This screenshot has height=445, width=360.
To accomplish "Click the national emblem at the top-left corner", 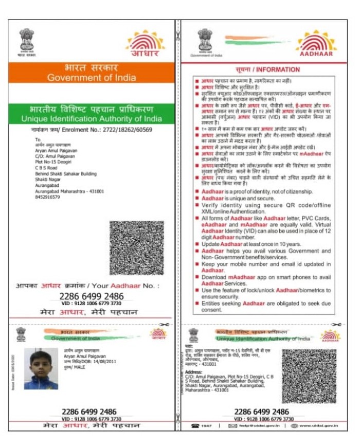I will click(27, 39).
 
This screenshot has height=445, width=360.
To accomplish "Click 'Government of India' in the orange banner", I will click(92, 78).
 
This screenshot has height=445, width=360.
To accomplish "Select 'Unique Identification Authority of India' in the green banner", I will click(92, 119).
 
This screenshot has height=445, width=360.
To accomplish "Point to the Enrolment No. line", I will click(91, 130).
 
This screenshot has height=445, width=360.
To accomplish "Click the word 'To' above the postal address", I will click(37, 139).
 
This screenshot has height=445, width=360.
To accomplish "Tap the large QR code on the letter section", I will click(136, 247).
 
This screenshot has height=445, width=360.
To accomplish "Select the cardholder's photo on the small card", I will click(41, 369).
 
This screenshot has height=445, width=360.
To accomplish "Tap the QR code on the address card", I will click(309, 376).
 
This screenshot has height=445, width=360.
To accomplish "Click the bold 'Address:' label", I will click(193, 371).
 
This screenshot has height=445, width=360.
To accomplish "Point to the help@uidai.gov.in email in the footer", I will click(256, 426).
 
